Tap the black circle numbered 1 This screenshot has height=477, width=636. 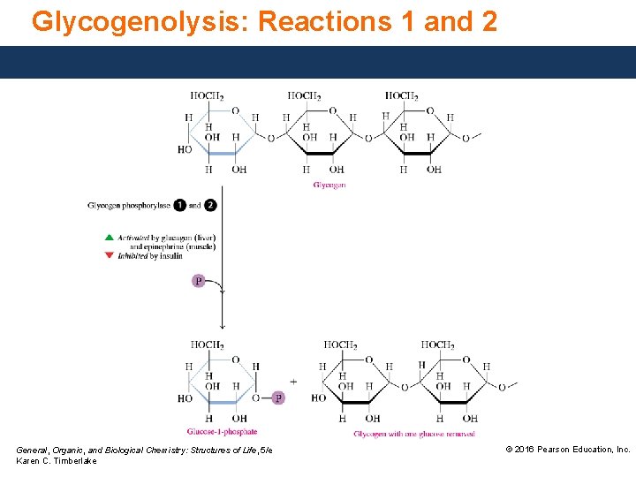tap(180, 205)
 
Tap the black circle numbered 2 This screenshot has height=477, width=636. tap(210, 205)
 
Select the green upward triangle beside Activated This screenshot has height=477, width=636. tap(109, 238)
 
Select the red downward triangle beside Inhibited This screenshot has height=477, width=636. tap(109, 255)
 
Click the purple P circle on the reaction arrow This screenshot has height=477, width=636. tap(199, 281)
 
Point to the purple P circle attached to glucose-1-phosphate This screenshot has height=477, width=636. tap(278, 398)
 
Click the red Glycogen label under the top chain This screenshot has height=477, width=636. tap(329, 185)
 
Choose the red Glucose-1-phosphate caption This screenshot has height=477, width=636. tap(222, 432)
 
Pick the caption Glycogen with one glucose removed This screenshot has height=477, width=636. tap(414, 434)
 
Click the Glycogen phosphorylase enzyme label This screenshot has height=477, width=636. tap(129, 205)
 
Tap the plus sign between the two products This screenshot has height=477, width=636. tap(293, 382)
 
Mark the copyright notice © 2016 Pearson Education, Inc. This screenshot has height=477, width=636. tap(567, 450)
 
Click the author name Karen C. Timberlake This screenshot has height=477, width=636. tap(57, 462)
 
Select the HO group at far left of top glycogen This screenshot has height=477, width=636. tap(184, 149)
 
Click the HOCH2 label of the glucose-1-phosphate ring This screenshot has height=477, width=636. tap(207, 344)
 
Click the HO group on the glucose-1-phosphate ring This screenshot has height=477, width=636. tap(185, 398)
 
